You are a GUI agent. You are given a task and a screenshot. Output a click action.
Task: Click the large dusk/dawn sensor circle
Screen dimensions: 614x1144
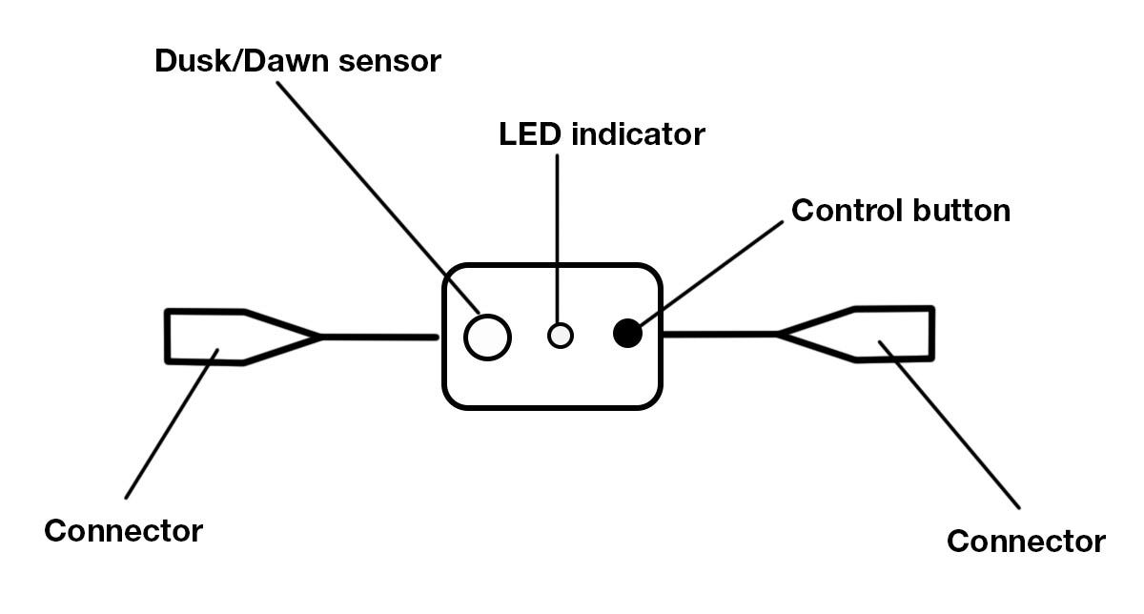point(487,337)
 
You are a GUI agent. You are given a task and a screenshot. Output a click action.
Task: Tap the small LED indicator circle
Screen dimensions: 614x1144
point(561,336)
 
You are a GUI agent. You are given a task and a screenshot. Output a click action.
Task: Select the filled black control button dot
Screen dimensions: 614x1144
point(626,333)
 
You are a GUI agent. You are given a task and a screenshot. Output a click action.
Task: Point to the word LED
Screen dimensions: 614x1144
point(530,134)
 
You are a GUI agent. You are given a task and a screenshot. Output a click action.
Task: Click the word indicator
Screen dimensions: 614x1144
point(638,134)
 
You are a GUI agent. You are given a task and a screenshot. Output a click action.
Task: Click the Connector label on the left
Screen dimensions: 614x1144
point(123,531)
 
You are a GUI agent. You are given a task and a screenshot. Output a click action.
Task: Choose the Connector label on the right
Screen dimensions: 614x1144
point(1026,542)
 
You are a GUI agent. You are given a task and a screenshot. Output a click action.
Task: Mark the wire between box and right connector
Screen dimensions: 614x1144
point(720,335)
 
